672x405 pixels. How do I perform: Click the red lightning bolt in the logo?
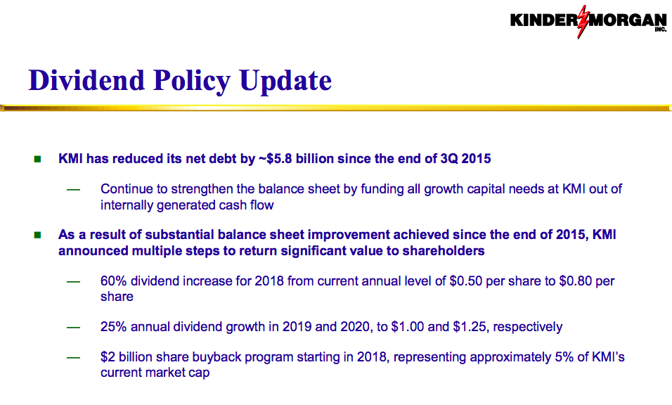point(583,21)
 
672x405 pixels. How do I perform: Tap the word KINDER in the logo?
point(543,20)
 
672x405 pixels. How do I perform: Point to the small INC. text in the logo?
point(659,30)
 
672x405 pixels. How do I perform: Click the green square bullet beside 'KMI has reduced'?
point(38,160)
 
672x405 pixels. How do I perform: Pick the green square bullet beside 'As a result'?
point(38,235)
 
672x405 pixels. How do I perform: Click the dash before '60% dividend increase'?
point(73,282)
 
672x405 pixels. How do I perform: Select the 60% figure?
point(114,281)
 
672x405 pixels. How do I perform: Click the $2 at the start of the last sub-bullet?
point(108,357)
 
